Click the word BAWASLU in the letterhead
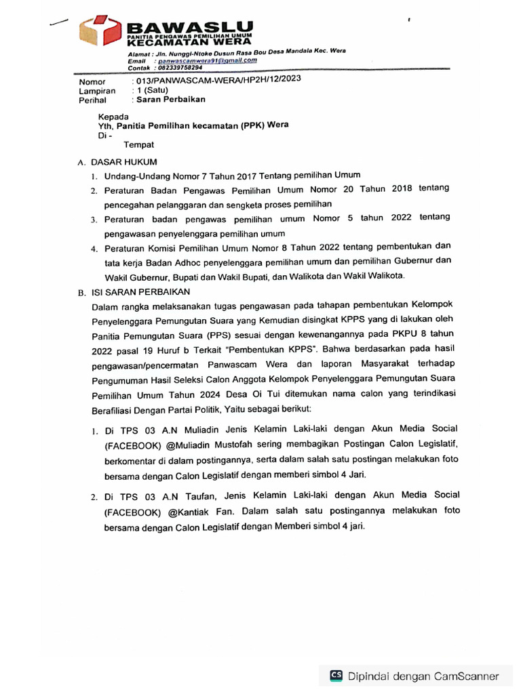(x=191, y=27)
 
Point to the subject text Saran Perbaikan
(x=171, y=100)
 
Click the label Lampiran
(x=97, y=90)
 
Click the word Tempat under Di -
(x=138, y=144)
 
